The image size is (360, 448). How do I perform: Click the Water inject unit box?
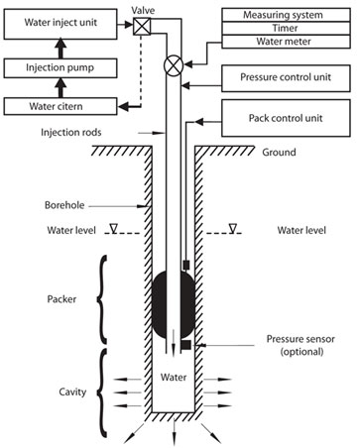(60, 24)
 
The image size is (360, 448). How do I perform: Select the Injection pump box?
(60, 68)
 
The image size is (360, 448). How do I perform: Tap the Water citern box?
(60, 106)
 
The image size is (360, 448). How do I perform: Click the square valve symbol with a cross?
(142, 27)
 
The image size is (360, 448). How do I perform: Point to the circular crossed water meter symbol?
(174, 65)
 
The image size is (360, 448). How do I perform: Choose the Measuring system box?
(286, 15)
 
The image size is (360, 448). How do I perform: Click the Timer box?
(286, 29)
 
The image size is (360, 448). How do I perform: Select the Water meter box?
(286, 42)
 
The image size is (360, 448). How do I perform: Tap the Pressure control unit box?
(286, 78)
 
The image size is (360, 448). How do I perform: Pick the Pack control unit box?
(286, 118)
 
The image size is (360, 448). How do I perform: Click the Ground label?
(279, 153)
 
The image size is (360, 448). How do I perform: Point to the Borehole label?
(64, 205)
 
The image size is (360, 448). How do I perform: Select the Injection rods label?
(71, 133)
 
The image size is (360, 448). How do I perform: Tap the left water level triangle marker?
(114, 228)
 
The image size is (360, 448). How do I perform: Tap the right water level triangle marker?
(233, 228)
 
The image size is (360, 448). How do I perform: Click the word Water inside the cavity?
(174, 378)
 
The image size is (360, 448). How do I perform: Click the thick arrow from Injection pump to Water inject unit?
(60, 49)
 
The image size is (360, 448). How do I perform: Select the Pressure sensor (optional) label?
(300, 345)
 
